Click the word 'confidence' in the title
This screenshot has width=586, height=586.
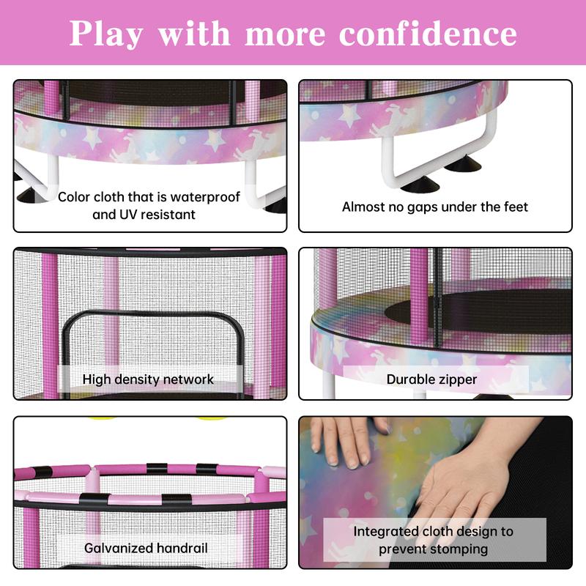point(428,34)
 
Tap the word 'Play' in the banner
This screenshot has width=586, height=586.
point(105,34)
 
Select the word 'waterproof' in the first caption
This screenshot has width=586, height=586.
point(205,197)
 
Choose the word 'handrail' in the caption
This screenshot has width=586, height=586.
point(182,548)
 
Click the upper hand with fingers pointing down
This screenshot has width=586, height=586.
point(347,441)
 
